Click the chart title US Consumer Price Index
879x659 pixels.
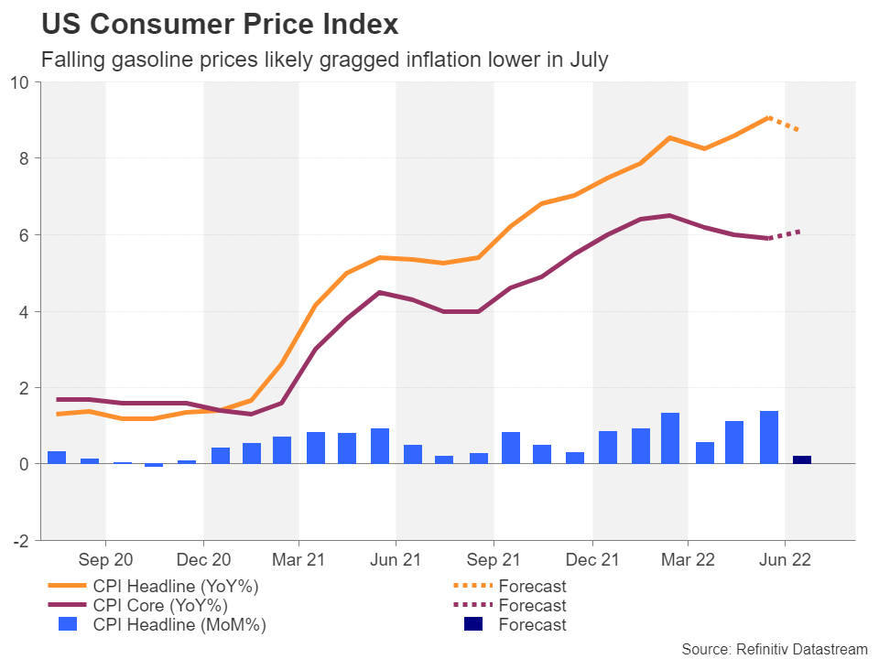coord(220,23)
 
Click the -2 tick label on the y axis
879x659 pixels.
coord(20,540)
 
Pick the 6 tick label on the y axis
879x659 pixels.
coord(25,235)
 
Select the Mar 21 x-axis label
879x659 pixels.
coord(299,559)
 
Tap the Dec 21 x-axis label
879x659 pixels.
coord(592,559)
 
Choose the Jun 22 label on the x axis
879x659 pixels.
coord(786,559)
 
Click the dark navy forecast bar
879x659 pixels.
coord(802,459)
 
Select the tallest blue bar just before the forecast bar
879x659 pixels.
coord(769,438)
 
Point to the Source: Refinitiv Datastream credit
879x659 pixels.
coord(774,649)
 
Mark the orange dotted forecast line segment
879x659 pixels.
coord(785,124)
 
